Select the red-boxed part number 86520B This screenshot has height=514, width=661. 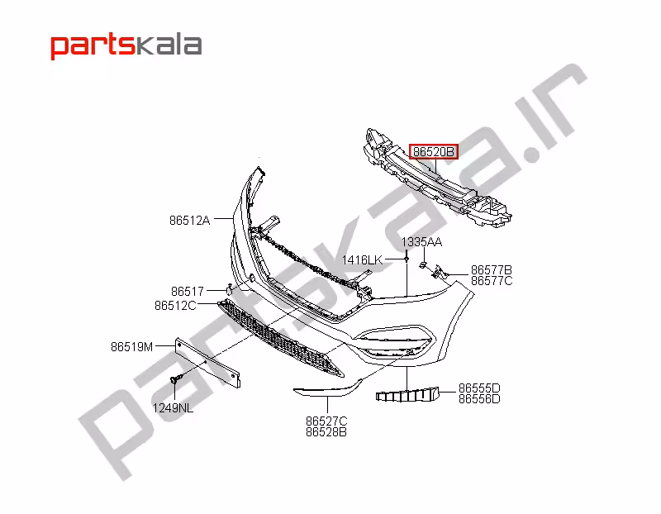(434, 152)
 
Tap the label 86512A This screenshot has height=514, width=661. (190, 221)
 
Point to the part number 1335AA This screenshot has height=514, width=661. (421, 242)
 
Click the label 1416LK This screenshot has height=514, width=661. (363, 260)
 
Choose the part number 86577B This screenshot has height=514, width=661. (492, 270)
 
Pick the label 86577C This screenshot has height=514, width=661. (492, 281)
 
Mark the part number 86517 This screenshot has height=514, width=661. (188, 291)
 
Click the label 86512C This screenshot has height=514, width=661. (175, 305)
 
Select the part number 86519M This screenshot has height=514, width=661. (132, 346)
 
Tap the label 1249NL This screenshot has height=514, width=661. (173, 407)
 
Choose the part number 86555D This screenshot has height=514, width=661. (479, 388)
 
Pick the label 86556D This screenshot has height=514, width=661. (479, 398)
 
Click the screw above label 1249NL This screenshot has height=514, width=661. (175, 379)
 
